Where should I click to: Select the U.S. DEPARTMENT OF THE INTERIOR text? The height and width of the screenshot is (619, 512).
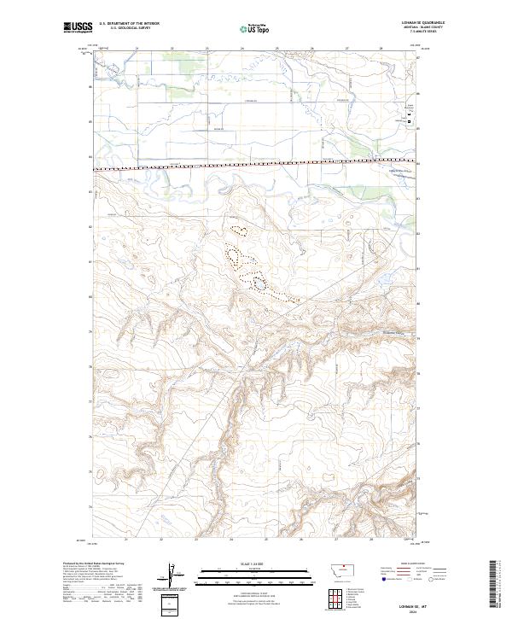pos(129,24)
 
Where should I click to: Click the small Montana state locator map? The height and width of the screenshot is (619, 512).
pos(331,570)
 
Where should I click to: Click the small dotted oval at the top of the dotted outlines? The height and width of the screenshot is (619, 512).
pos(239,228)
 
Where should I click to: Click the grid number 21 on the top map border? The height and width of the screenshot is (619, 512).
pos(137,49)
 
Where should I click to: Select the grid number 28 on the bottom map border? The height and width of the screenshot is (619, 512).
pos(371,540)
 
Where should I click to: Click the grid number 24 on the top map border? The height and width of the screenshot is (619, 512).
pos(241,49)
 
